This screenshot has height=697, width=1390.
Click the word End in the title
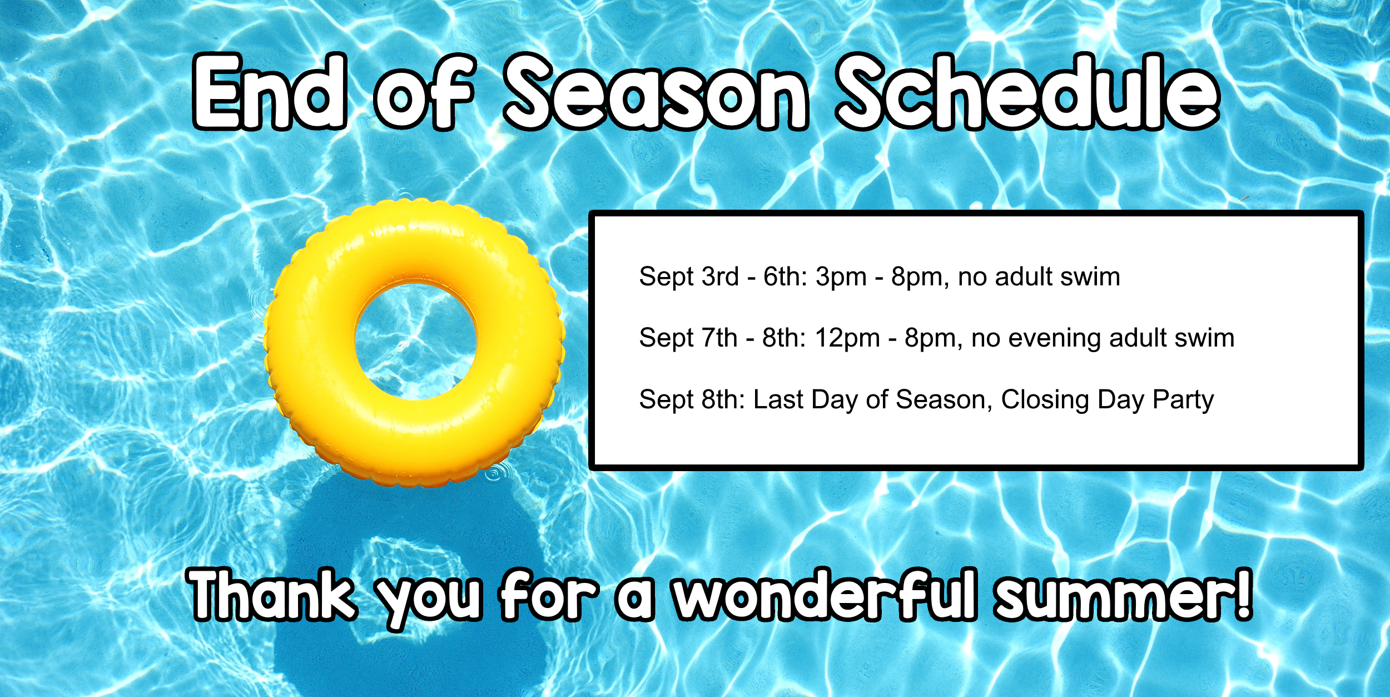[270, 92]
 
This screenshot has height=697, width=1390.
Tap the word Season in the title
[656, 92]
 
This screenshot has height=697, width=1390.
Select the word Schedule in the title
[1029, 92]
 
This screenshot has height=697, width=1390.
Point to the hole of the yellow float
[416, 341]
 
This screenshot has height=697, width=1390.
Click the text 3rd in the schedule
[721, 276]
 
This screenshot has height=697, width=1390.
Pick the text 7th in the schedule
[719, 338]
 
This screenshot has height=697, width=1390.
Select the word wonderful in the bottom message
[825, 594]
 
